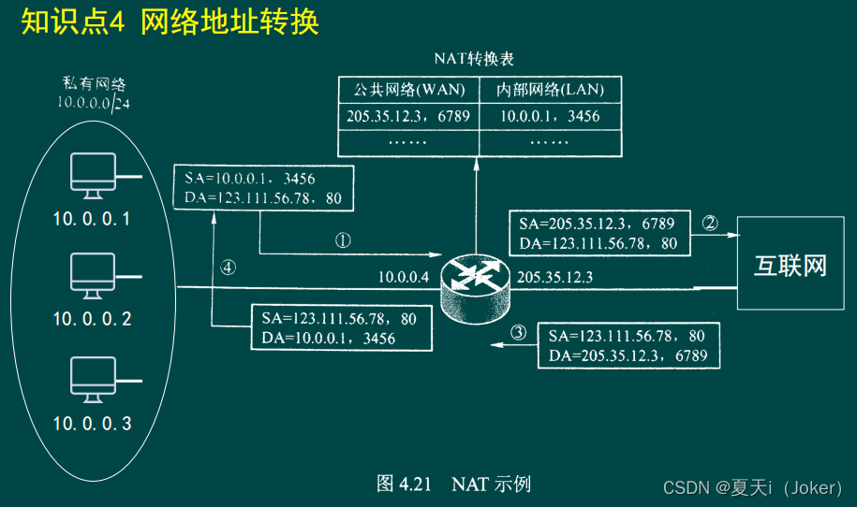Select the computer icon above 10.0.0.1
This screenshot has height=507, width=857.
pos(93,176)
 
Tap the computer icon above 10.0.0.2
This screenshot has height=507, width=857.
pos(93,275)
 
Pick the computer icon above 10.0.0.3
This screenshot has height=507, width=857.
pos(93,380)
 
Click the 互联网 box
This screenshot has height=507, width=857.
pos(791,263)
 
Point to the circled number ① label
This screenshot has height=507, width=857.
pos(343,239)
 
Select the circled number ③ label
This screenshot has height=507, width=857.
pos(518,332)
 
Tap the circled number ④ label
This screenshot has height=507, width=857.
pos(228,267)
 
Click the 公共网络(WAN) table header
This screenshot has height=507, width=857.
pos(408,91)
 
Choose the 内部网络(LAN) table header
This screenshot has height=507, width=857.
pos(549,91)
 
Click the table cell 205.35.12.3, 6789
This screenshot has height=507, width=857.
pos(408,116)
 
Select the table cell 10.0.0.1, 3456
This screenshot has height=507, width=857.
pos(549,116)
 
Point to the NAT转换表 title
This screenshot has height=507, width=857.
pos(474,58)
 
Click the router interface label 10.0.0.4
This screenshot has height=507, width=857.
pos(404,277)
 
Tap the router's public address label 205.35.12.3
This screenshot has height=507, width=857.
pos(554,277)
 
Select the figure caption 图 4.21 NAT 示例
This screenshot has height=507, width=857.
pos(453,484)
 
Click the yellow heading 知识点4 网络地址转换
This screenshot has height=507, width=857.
pos(170,22)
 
